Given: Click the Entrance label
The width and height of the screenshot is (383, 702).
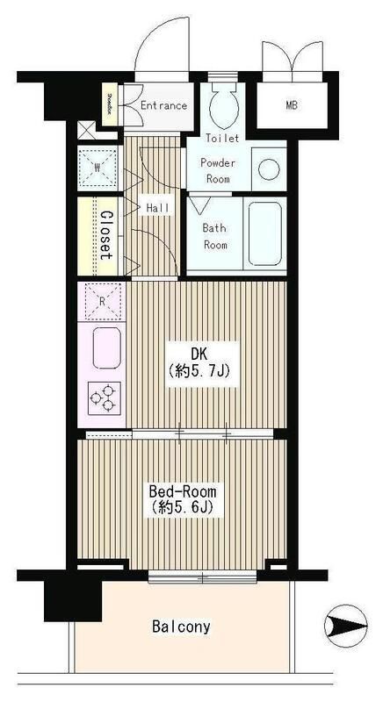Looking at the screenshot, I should click(163, 106).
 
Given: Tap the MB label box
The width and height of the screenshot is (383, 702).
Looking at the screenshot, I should click(291, 106).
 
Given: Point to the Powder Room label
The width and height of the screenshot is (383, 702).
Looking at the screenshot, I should click(215, 170).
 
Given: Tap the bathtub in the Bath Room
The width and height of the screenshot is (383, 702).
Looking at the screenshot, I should click(264, 233).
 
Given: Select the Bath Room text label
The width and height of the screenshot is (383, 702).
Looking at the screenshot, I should click(215, 236).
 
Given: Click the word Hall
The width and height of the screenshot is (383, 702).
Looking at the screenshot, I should click(158, 207).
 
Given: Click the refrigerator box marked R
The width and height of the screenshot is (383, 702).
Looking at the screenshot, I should click(104, 300).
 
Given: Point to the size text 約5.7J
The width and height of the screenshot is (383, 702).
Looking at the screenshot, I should click(200, 371).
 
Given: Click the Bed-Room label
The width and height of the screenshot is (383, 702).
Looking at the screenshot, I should click(183, 491).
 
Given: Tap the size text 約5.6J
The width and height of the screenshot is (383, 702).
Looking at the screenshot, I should click(183, 508).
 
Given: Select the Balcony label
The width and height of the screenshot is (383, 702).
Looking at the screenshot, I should click(180, 627).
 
